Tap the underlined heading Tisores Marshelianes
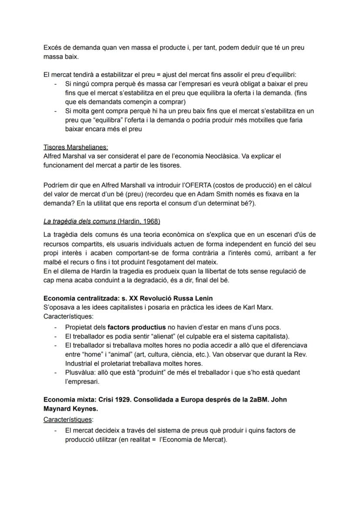click(76, 147)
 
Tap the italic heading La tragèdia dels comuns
click(80, 222)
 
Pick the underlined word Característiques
click(68, 420)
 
